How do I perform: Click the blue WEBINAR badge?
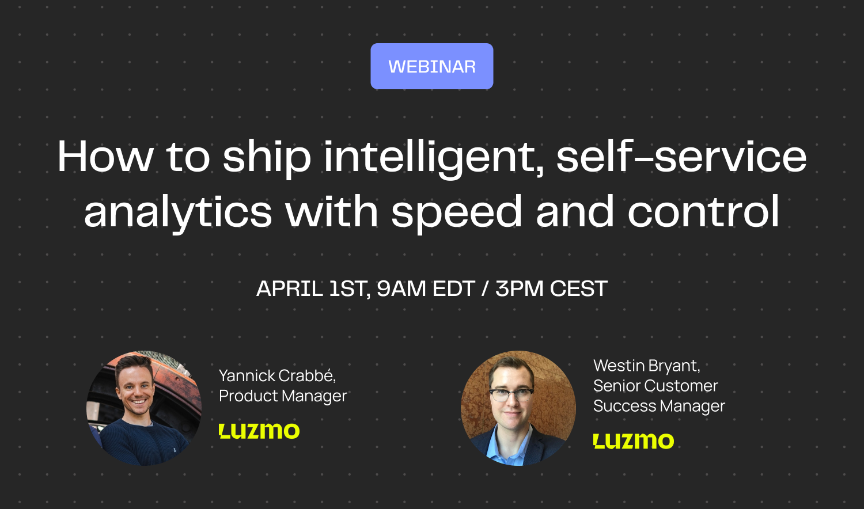(x=432, y=66)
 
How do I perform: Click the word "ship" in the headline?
(x=267, y=157)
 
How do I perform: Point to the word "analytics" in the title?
(x=178, y=212)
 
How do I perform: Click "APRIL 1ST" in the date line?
(x=312, y=288)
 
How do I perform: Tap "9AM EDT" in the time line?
(x=425, y=288)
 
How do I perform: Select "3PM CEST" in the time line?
(x=551, y=288)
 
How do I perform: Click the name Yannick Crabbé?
(x=277, y=375)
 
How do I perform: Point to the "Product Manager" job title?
(x=283, y=396)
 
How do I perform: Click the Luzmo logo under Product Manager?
(x=259, y=431)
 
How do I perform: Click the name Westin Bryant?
(x=646, y=366)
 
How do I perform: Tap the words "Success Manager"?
(x=659, y=406)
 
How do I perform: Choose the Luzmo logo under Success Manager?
(x=634, y=441)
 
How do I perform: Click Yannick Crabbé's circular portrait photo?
(x=144, y=408)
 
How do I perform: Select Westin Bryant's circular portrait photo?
(x=518, y=408)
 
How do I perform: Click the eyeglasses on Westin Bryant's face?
(x=511, y=394)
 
